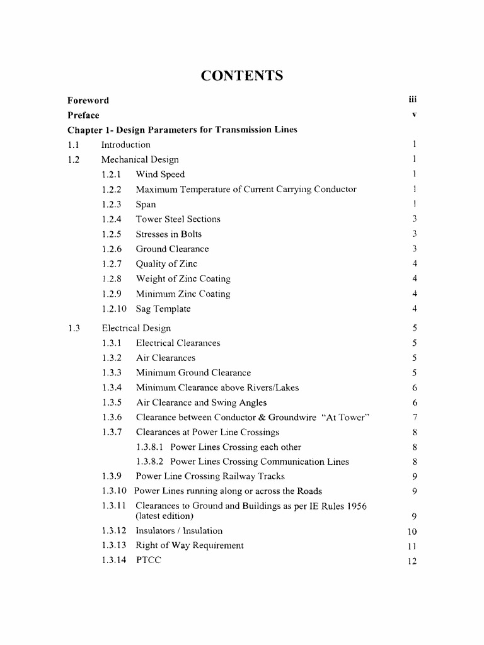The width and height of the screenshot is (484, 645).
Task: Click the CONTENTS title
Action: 242,76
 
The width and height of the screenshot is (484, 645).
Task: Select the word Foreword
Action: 88,100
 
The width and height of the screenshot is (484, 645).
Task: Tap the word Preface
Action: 83,115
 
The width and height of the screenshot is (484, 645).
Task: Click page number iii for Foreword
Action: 413,100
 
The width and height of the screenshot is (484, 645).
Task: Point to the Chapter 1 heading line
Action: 182,130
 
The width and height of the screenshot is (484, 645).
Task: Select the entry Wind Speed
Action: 160,174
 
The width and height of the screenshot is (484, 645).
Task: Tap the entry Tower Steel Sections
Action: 178,219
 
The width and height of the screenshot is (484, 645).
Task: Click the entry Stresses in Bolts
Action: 169,234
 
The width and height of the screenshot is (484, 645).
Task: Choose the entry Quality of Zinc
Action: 166,264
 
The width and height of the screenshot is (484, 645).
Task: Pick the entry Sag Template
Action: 163,309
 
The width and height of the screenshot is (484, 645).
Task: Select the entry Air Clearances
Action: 166,358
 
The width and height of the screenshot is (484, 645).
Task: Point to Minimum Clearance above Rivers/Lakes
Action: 217,387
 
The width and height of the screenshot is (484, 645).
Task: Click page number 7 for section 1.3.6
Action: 415,418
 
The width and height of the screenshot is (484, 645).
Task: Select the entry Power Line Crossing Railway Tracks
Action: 210,476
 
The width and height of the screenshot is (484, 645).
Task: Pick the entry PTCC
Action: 149,560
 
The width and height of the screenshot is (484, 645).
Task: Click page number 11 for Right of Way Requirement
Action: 413,546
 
